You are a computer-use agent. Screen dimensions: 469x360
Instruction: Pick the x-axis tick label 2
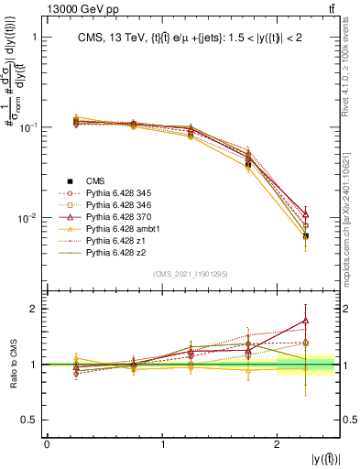point(278,446)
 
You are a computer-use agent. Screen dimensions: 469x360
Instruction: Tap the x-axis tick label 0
point(47,446)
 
